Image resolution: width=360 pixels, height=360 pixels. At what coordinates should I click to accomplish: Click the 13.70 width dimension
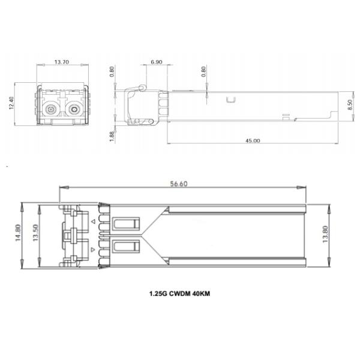[x=61, y=62]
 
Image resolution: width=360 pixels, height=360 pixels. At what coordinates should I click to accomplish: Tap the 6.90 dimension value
[x=156, y=62]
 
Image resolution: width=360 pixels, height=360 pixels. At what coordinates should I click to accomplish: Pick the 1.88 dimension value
[x=112, y=136]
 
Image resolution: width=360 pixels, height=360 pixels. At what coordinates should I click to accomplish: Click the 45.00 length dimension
[x=253, y=141]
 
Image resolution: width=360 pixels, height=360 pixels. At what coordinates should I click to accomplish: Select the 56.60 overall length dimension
[x=179, y=185]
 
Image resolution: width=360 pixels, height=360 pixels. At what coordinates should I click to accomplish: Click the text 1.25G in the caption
[x=158, y=295]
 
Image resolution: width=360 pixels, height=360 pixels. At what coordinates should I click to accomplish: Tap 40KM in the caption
[x=205, y=295]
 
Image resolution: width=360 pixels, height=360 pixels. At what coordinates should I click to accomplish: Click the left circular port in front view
[x=50, y=110]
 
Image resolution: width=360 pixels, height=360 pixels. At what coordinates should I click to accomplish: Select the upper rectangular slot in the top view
[x=124, y=225]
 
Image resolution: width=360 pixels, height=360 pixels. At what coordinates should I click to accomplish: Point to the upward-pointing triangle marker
[x=92, y=222]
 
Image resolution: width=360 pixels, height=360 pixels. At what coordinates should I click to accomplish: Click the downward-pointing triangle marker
[x=92, y=248]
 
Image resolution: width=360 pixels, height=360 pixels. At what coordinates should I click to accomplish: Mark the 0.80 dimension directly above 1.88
[x=112, y=72]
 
